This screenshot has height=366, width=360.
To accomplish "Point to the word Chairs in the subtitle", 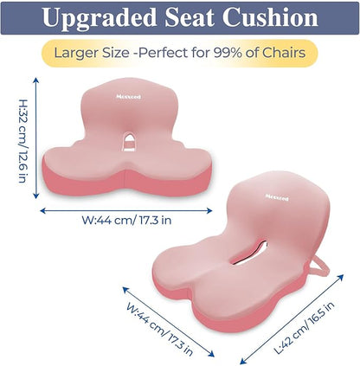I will (x=285, y=54).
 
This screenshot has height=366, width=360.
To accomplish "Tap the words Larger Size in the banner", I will (x=91, y=54).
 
